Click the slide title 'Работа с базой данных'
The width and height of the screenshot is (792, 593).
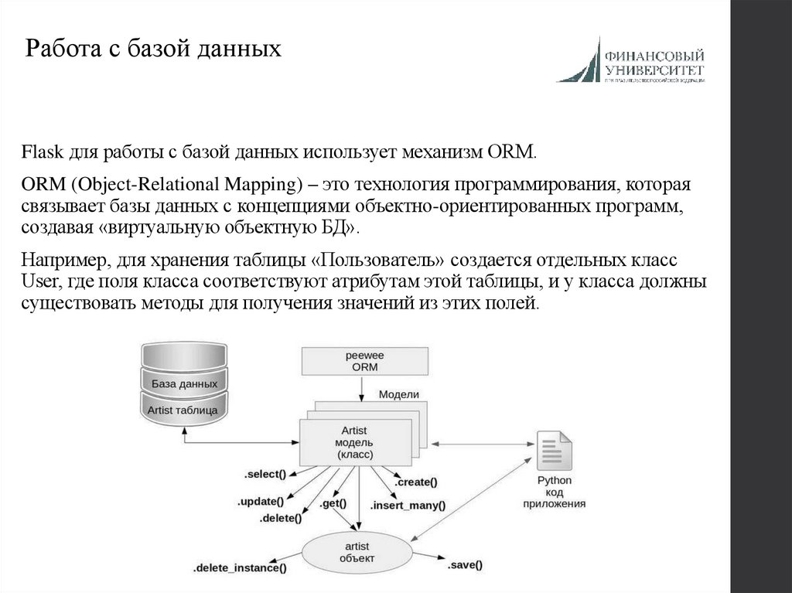click(x=152, y=51)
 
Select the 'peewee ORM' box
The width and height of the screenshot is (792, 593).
click(x=364, y=361)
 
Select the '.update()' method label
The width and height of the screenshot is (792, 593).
click(x=261, y=501)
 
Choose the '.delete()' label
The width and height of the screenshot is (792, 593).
click(x=280, y=517)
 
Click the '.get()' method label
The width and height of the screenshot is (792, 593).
click(x=333, y=503)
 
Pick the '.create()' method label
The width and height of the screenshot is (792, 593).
click(x=415, y=482)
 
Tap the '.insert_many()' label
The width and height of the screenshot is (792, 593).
click(x=408, y=506)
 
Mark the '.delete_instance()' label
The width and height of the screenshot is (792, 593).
click(x=240, y=568)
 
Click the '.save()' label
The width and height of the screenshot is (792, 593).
click(x=465, y=565)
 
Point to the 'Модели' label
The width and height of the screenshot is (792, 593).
click(x=398, y=394)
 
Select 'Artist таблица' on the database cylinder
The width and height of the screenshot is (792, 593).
click(x=184, y=410)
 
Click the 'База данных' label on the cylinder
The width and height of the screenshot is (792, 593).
click(x=184, y=383)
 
